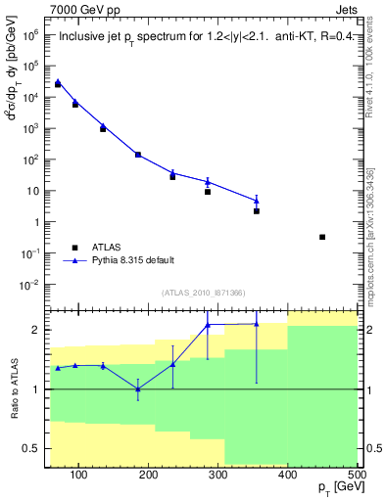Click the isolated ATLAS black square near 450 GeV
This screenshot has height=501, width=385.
[x=322, y=237]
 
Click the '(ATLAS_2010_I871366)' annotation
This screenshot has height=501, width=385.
[x=202, y=292]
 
